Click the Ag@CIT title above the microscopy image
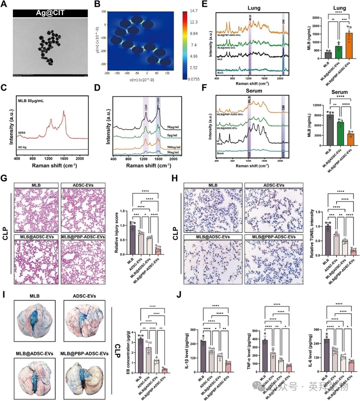52,13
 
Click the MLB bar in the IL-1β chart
203,356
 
